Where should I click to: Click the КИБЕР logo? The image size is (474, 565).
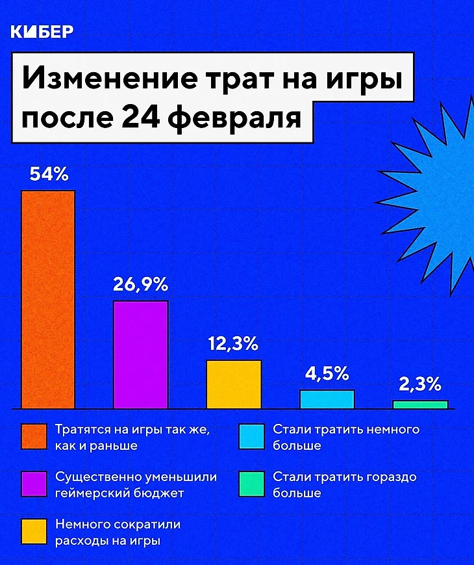[43, 32]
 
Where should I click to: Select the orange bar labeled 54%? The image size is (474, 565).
[48, 299]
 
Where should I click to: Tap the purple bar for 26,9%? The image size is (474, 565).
[141, 354]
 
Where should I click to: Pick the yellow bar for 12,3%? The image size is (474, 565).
[234, 384]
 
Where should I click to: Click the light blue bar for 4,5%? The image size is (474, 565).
[327, 399]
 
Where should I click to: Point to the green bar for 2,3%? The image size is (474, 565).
[420, 404]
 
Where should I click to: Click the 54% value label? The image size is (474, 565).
[48, 174]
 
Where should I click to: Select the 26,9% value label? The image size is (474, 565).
[141, 285]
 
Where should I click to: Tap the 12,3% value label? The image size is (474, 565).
[234, 344]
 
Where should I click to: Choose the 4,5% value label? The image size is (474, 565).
[327, 374]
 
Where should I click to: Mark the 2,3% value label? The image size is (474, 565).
[420, 385]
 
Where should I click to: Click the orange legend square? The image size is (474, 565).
[34, 438]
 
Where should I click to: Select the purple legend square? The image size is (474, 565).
[34, 484]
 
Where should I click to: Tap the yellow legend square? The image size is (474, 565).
[34, 532]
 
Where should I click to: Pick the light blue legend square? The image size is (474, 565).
[251, 438]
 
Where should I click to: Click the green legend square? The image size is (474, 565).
[251, 484]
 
